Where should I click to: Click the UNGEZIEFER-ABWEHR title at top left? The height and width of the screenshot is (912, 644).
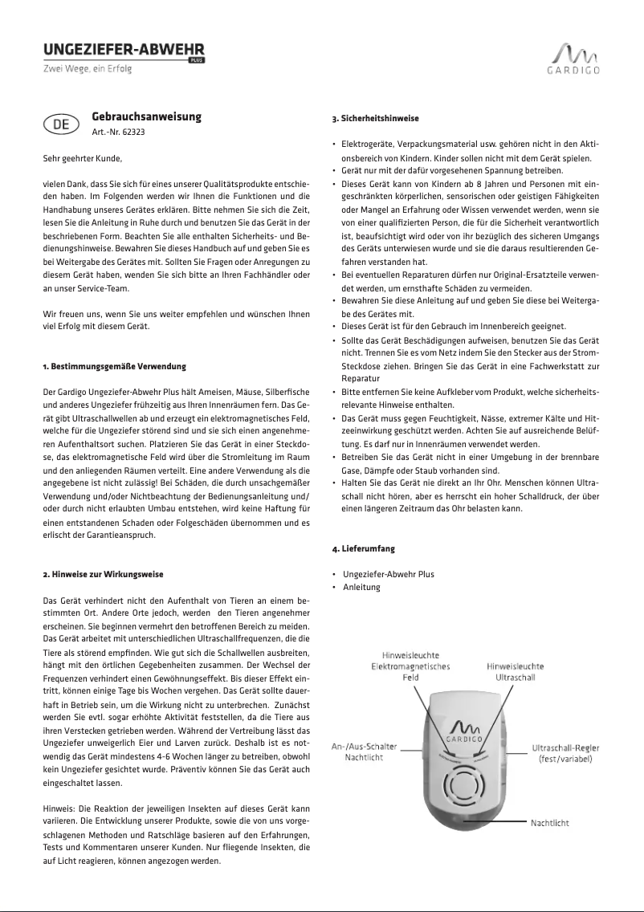(124, 50)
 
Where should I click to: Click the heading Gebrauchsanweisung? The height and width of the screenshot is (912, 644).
(146, 117)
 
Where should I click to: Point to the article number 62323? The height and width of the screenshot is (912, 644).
(118, 131)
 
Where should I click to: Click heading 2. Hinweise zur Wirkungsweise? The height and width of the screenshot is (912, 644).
(103, 575)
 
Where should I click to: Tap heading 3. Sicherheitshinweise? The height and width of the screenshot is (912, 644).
(375, 119)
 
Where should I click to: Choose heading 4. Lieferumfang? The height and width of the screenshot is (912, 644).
(364, 549)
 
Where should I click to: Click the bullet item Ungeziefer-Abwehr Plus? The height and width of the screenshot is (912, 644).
(388, 575)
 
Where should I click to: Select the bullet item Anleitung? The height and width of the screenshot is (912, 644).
(361, 587)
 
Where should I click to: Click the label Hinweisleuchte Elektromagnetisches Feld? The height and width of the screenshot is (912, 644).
(410, 666)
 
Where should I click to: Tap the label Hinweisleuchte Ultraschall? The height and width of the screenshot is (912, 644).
(515, 672)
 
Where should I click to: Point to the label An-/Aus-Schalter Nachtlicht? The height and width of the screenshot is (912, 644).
(364, 752)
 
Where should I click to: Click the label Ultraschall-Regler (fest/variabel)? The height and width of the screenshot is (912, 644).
(565, 753)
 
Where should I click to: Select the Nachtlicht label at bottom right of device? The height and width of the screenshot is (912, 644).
(550, 823)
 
